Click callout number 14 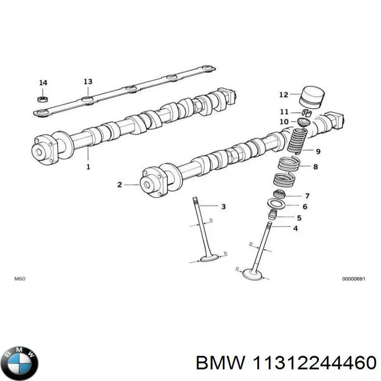click(x=43, y=83)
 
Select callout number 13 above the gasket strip click(x=88, y=81)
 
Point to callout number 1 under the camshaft click(x=88, y=167)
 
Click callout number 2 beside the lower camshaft click(x=120, y=184)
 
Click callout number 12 click(x=283, y=95)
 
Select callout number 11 click(x=284, y=112)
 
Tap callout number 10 click(x=284, y=122)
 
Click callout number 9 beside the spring click(x=318, y=152)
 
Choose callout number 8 click(x=315, y=167)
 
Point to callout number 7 click(x=307, y=196)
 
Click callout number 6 click(x=305, y=207)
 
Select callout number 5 click(x=299, y=218)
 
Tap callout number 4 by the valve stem click(x=295, y=229)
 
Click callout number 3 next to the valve click(x=223, y=206)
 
